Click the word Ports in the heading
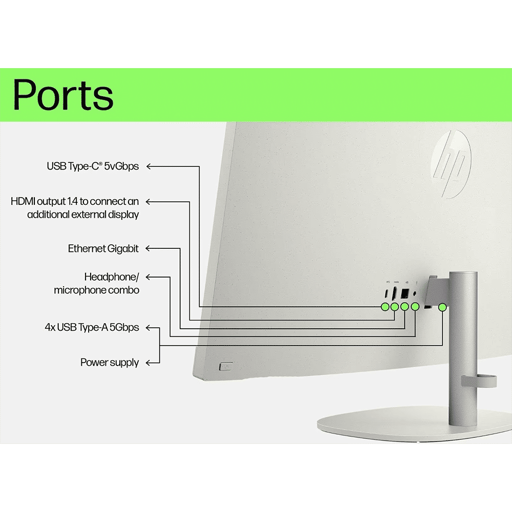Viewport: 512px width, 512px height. [x=62, y=95]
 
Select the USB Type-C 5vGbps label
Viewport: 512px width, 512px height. [x=93, y=166]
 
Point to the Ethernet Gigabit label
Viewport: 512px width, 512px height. [x=103, y=249]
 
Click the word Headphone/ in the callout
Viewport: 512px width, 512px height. [x=111, y=277]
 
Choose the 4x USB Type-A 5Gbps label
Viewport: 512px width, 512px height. [x=92, y=327]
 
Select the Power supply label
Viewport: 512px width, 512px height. [x=110, y=362]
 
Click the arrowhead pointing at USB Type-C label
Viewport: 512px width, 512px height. [x=150, y=166]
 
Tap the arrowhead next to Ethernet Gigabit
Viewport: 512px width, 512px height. [x=150, y=249]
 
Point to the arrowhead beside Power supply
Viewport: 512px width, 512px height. [x=150, y=362]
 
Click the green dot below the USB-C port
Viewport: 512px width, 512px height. [x=385, y=307]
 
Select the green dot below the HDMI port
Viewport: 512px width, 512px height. [x=395, y=307]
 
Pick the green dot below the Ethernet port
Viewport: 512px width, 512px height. [x=405, y=307]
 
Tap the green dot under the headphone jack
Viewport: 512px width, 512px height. [x=415, y=307]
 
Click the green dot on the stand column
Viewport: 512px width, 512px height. [x=442, y=307]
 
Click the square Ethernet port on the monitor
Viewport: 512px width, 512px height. [x=405, y=293]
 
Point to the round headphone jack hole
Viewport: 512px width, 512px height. [x=414, y=293]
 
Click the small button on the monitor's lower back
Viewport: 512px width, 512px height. [x=225, y=367]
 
